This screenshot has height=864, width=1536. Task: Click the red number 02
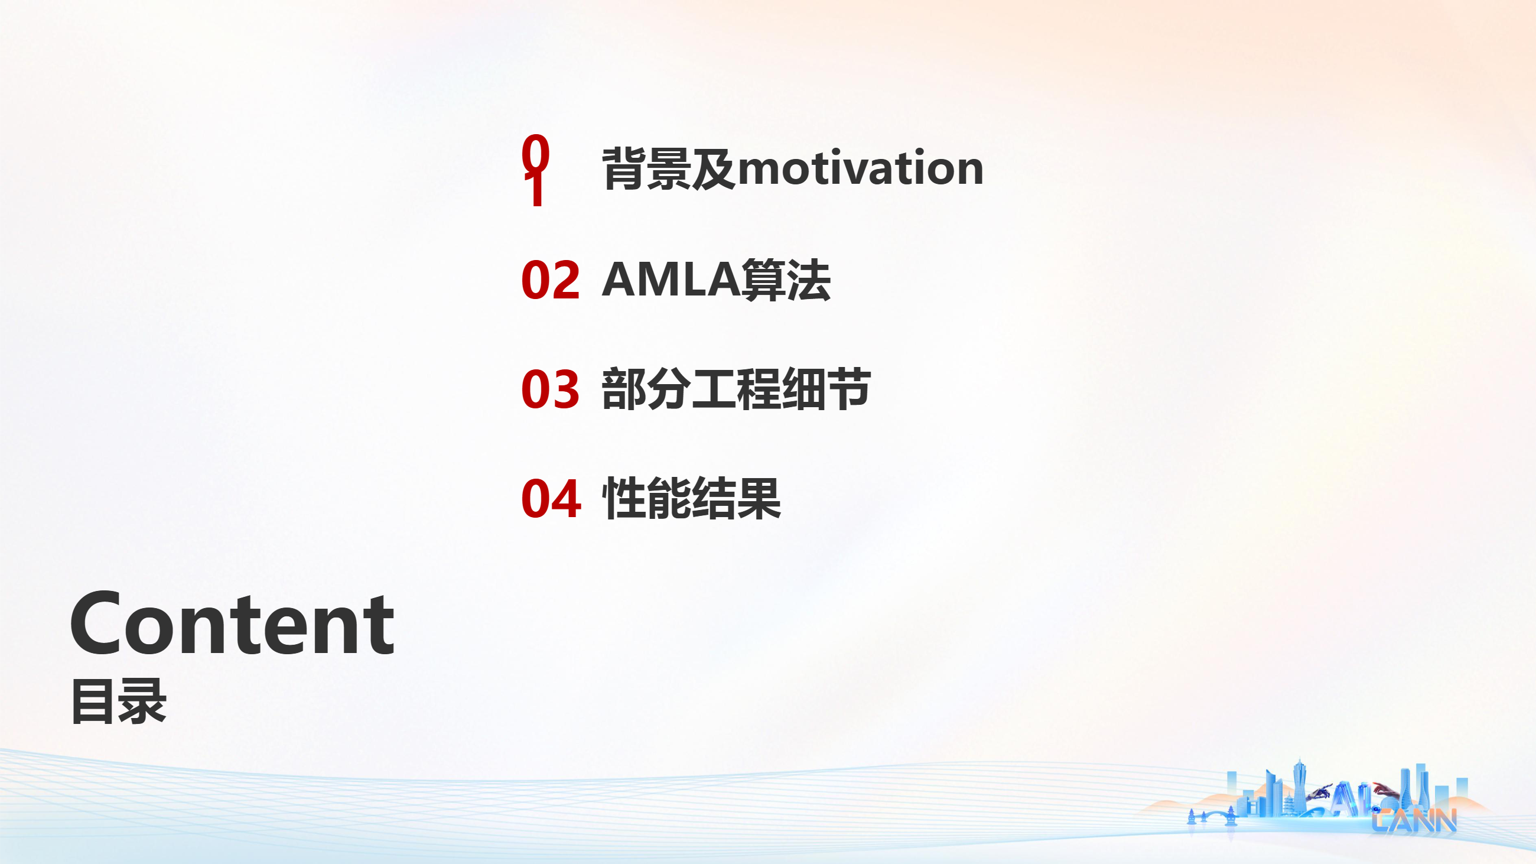coord(550,280)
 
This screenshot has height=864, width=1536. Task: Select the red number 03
coord(550,389)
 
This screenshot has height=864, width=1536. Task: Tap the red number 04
coord(551,499)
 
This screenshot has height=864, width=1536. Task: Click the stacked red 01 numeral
coord(536,171)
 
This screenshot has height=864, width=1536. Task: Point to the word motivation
coord(860,168)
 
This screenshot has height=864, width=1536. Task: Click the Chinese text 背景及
coord(669,169)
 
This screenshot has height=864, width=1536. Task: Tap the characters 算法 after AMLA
coord(786,280)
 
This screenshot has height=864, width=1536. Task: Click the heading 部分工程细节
coord(737,389)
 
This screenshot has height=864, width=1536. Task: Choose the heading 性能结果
coord(692,499)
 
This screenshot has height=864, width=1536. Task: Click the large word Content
coord(232,623)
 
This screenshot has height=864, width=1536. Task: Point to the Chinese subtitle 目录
coord(119,702)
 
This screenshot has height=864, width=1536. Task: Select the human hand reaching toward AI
coord(1386,791)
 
